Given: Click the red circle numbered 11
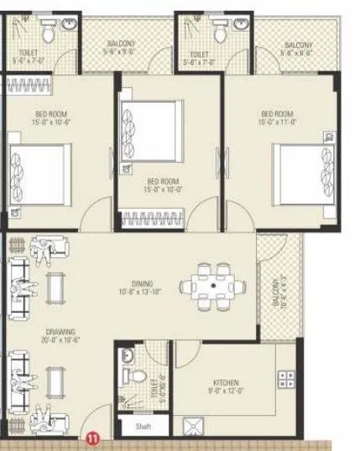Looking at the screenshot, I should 93,437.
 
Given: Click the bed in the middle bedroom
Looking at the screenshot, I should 151,127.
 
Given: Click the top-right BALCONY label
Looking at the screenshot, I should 300,44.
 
